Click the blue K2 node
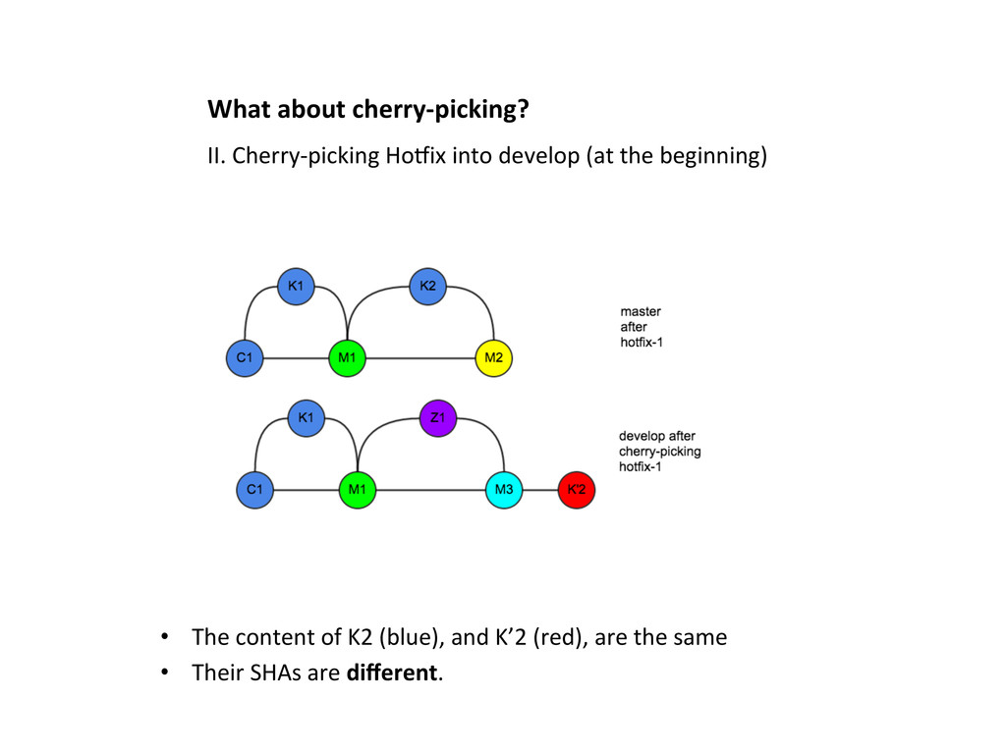tap(427, 286)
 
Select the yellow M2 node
tap(493, 357)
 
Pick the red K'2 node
tap(576, 489)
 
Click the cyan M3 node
tap(504, 489)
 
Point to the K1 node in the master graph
tap(295, 286)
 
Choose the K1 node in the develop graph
tap(306, 417)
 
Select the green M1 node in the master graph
tap(347, 357)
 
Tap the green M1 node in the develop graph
tap(358, 489)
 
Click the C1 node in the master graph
tap(244, 357)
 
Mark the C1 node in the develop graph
tap(254, 489)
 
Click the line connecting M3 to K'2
tap(539, 489)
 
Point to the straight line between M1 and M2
tap(420, 357)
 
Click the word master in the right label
tap(641, 311)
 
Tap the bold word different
tap(393, 673)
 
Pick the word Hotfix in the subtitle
tap(416, 156)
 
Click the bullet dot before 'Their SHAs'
tap(166, 673)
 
